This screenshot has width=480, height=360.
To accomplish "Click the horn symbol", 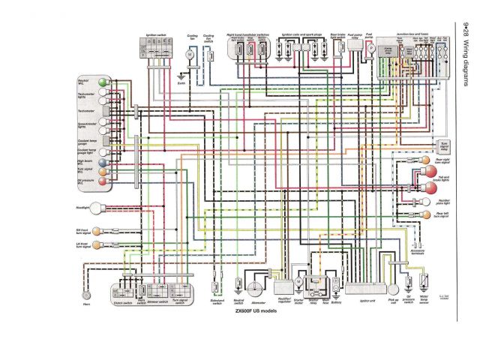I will click(88, 286).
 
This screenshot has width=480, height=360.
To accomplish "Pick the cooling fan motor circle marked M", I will click(190, 55).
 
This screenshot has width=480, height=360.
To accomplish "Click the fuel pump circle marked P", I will click(370, 47).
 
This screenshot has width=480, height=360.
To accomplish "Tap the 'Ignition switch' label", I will click(156, 36).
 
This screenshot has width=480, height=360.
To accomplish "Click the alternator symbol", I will click(257, 288).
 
